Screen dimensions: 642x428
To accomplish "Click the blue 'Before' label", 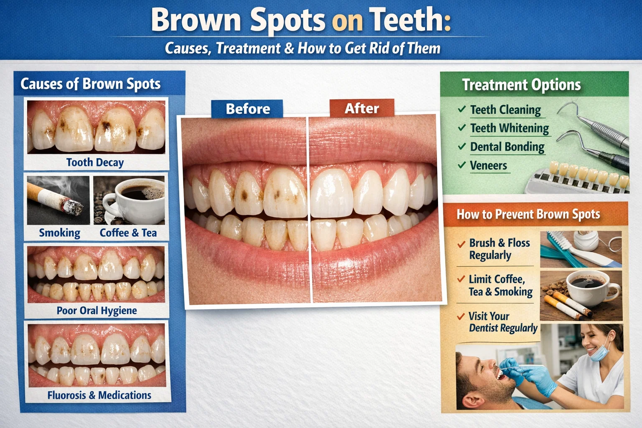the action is [x=247, y=109].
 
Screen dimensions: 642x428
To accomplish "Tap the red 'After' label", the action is [x=362, y=108].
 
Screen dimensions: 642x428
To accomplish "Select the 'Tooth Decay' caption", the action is [x=95, y=162].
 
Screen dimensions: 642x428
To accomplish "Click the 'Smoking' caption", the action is [x=60, y=233].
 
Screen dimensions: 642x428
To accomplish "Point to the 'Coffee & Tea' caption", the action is [x=128, y=233].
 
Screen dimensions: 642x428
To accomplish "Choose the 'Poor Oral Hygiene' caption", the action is [x=97, y=311].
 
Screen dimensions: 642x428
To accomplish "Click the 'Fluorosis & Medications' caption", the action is [x=99, y=395].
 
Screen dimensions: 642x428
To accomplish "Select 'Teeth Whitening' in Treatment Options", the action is [x=510, y=128].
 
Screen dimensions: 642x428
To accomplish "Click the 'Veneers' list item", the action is [x=488, y=166].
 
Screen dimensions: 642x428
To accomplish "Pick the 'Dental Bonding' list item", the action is [x=507, y=147].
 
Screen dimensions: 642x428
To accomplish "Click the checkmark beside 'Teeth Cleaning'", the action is [x=461, y=109].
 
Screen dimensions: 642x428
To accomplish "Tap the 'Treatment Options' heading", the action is [x=521, y=85].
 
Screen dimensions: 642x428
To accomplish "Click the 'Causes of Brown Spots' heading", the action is [x=90, y=84].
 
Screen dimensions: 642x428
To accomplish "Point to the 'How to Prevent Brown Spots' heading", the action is [x=528, y=214].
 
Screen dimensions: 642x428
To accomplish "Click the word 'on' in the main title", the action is [x=347, y=20].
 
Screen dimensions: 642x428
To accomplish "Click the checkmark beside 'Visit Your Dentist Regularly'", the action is [x=461, y=316].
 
